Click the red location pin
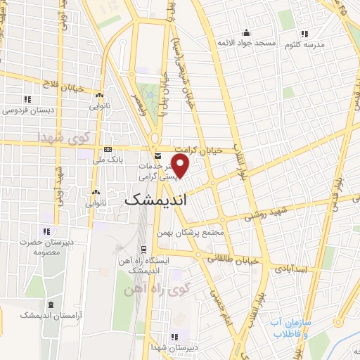(181, 167)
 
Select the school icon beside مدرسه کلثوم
(304, 33)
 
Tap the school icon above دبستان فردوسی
(27, 99)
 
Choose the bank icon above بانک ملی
(108, 149)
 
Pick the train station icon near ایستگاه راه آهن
(143, 249)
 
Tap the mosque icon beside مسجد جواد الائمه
(246, 32)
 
